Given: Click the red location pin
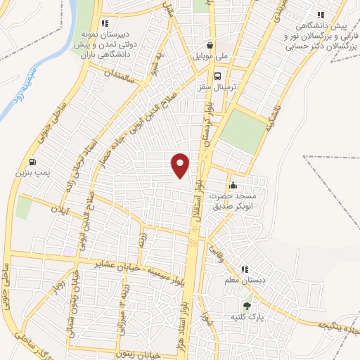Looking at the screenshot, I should point(180,165).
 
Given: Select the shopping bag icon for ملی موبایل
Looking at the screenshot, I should point(210,45).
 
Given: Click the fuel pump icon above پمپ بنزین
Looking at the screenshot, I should point(34,161).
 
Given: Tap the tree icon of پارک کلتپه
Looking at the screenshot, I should point(247,306).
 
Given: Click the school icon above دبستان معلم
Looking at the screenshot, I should point(245,269).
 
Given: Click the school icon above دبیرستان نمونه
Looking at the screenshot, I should point(105,22).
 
